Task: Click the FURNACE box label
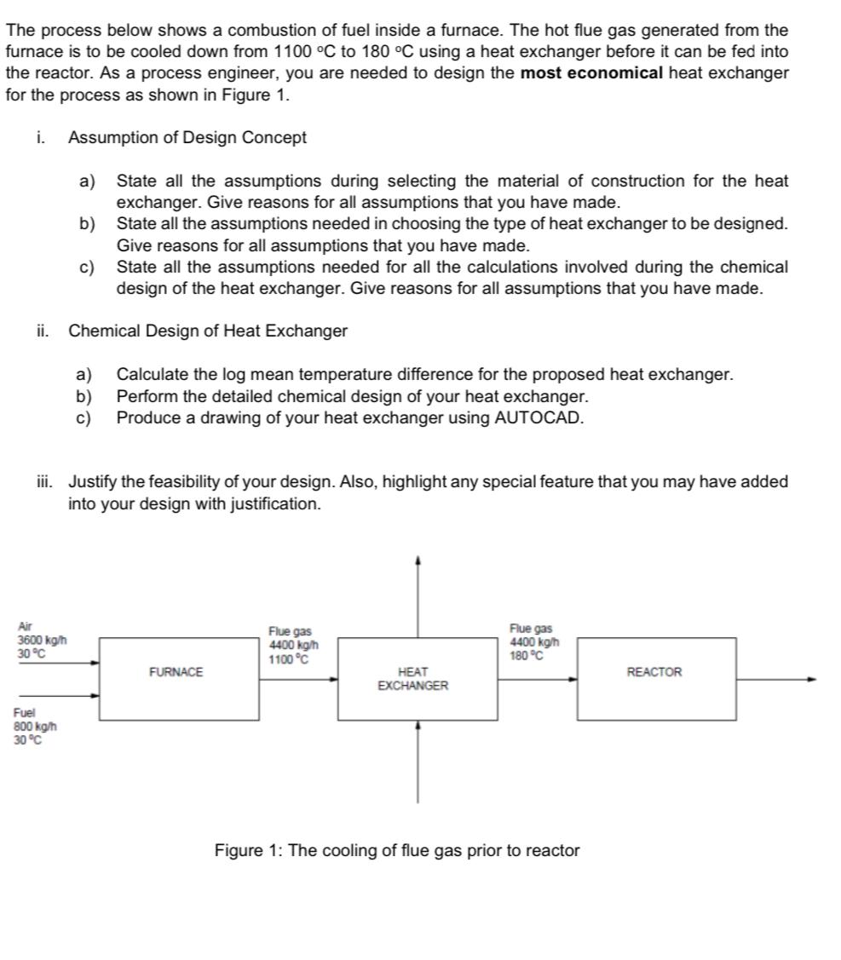coord(176,672)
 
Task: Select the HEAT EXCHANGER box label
coord(413,679)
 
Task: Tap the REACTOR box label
coord(654,672)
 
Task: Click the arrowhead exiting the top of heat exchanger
coord(418,561)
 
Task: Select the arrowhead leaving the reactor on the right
coord(812,680)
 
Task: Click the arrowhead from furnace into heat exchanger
coord(335,680)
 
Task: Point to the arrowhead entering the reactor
coord(573,680)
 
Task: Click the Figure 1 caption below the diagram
coord(396,850)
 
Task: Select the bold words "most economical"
coord(591,72)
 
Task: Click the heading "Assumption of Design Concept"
coord(187,137)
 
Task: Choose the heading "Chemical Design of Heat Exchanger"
coord(208,331)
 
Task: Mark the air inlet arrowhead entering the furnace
coord(96,662)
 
